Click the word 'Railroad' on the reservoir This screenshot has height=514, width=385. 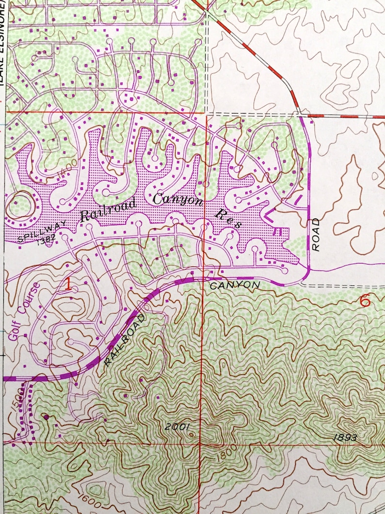point(108,210)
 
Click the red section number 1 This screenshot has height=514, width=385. point(68,285)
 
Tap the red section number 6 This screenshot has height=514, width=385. point(365,301)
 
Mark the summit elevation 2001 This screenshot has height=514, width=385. point(176,427)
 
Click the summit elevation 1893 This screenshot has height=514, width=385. point(345,437)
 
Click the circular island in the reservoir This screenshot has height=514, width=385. point(19,202)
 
